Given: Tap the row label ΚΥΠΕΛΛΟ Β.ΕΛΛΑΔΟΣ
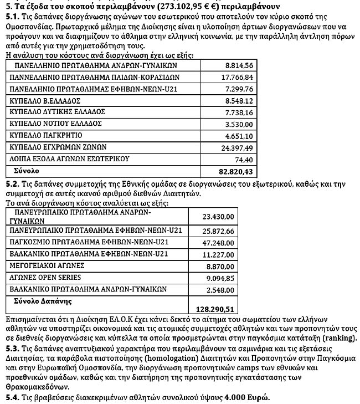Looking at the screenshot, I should pos(45,101).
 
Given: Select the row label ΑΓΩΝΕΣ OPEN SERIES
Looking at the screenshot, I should pos(45,277).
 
